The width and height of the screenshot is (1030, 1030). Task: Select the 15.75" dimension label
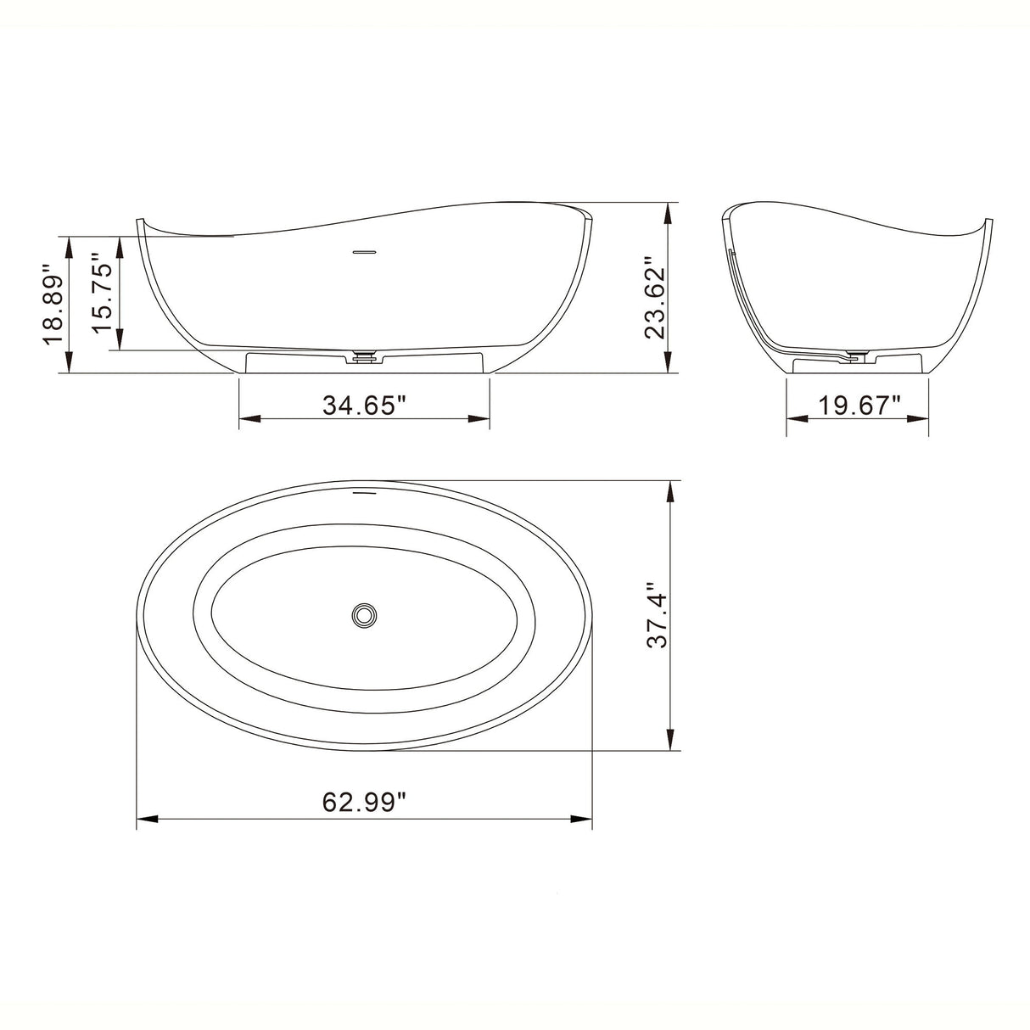click(102, 292)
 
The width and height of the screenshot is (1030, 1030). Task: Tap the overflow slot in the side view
click(364, 251)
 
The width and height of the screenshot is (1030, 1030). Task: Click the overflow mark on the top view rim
click(364, 491)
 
